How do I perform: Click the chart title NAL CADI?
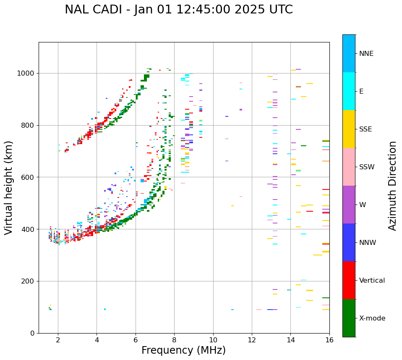[x=179, y=10]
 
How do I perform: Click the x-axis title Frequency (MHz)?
[x=183, y=350]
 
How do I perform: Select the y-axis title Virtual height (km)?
[x=9, y=188]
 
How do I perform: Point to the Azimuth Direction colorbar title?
[x=392, y=186]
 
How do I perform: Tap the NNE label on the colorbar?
[x=366, y=54]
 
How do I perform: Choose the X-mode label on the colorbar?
[x=372, y=318]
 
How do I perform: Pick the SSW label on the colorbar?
[x=366, y=167]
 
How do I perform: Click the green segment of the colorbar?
[x=349, y=318]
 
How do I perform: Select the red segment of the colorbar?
[x=349, y=280]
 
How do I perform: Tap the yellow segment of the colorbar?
[x=349, y=129]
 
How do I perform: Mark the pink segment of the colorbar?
[x=349, y=167]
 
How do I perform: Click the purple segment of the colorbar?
[x=349, y=205]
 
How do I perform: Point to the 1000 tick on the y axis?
[x=26, y=74]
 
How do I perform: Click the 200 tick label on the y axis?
[x=29, y=281]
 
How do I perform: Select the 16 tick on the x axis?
[x=329, y=340]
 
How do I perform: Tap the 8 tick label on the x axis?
[x=174, y=340]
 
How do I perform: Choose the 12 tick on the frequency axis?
[x=252, y=340]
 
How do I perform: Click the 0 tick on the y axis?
[x=32, y=333]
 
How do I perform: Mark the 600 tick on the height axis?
[x=29, y=177]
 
